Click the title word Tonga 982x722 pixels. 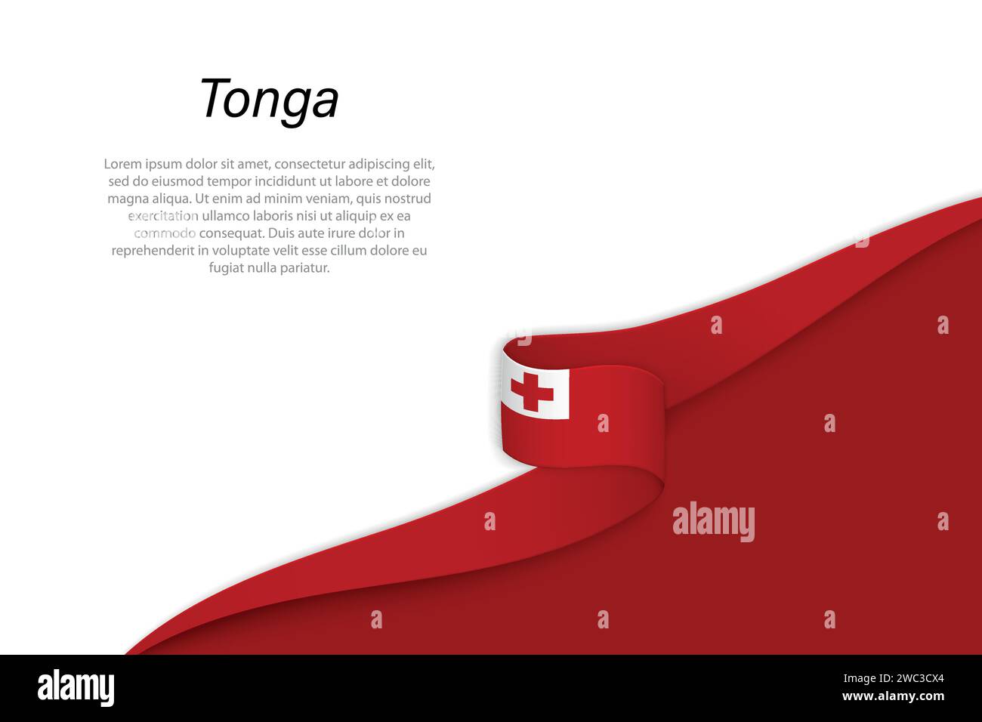coord(268,100)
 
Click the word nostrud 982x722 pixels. coord(407,199)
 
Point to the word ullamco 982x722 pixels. coord(227,216)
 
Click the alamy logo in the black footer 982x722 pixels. coord(76,688)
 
